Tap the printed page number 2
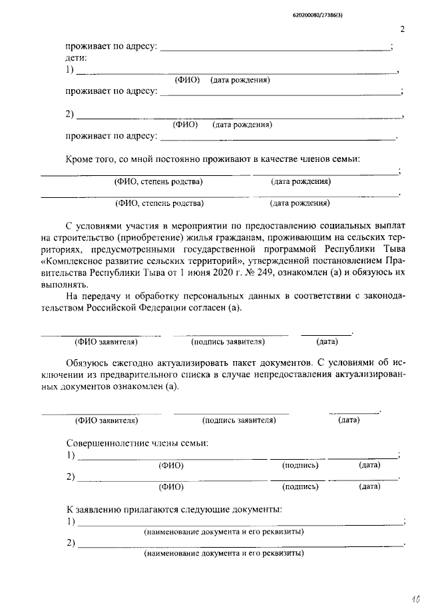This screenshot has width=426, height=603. (x=403, y=29)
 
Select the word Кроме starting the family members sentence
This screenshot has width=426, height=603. (x=79, y=160)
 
